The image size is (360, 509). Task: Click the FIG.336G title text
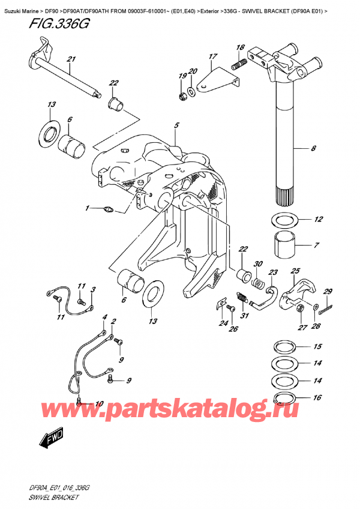pos(59,23)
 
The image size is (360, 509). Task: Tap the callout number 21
pos(71,59)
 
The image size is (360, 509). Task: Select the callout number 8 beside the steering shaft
pos(313,148)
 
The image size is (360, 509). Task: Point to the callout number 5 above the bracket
pos(176,125)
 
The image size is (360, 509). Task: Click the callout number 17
pos(212,56)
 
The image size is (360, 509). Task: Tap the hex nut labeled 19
pos(183,96)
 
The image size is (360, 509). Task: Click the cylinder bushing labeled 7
pos(286,245)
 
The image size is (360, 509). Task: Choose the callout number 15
pos(318,346)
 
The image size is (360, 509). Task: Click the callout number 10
pos(100,404)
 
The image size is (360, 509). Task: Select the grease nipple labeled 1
pos(108,209)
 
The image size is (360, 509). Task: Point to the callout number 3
pos(93,289)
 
